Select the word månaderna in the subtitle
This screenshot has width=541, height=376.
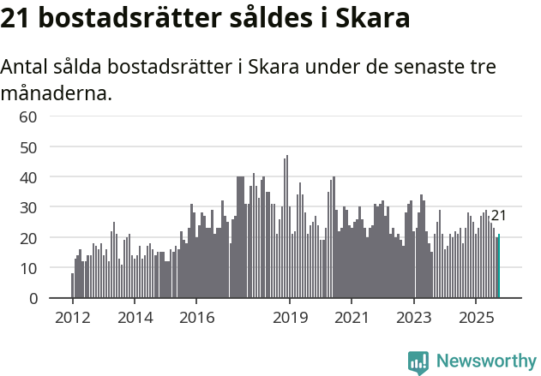point(57,93)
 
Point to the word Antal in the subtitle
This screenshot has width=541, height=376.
point(26,68)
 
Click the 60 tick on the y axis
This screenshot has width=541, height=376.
point(28,116)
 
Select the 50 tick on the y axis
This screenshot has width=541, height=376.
point(28,146)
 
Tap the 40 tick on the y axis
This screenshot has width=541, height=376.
point(28,177)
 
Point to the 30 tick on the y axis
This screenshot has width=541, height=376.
point(28,207)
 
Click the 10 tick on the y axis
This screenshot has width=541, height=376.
point(28,268)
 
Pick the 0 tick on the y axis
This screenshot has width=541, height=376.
point(33,298)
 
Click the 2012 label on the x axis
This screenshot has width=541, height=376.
point(72,318)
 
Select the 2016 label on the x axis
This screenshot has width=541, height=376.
point(196,318)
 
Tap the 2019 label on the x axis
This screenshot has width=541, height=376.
point(290,318)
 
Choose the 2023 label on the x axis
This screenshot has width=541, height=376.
point(414,318)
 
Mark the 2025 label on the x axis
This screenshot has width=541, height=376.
point(476,318)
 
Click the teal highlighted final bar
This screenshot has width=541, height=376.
point(499,266)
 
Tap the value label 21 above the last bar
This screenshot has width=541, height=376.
point(499,215)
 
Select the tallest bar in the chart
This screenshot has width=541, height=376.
point(287,227)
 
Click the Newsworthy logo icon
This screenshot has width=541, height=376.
point(418,362)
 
